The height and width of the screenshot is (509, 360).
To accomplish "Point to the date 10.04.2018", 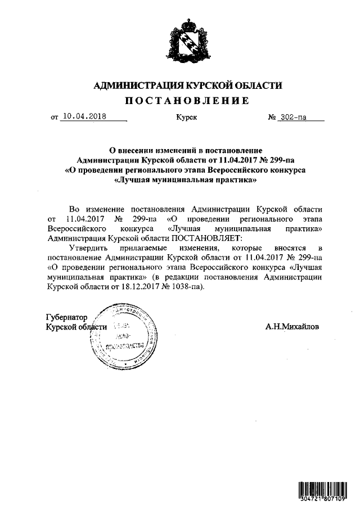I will [84, 118].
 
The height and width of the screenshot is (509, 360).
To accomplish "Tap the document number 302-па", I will [298, 118].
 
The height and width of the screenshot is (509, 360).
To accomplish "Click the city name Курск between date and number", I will [186, 118].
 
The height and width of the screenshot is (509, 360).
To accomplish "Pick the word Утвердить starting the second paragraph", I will [89, 247].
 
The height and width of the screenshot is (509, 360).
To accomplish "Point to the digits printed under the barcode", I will [321, 499].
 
